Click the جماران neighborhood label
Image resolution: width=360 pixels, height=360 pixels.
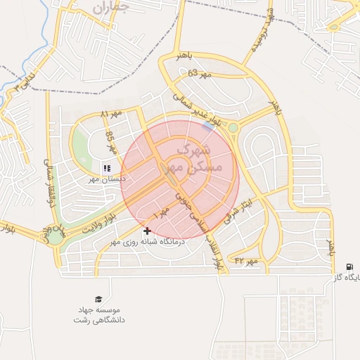pyautogui.click(x=110, y=8)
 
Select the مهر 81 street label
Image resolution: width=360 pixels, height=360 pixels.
pyautogui.click(x=111, y=113)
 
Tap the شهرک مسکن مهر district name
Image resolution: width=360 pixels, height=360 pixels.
pyautogui.click(x=191, y=159)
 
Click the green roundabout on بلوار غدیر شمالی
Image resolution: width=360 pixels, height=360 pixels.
pyautogui.click(x=233, y=127)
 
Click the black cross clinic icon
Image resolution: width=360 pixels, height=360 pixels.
pyautogui.click(x=147, y=231)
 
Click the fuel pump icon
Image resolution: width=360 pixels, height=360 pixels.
pyautogui.click(x=349, y=266)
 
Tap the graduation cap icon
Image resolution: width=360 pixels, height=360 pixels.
pyautogui.click(x=98, y=298)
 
